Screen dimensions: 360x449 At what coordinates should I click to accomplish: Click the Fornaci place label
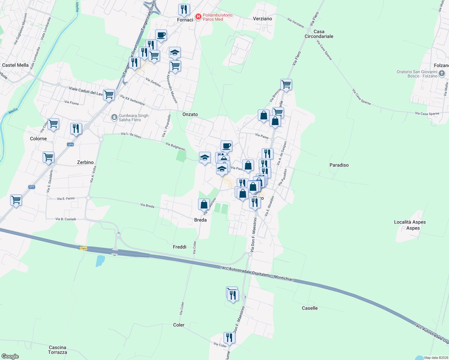point(185,20)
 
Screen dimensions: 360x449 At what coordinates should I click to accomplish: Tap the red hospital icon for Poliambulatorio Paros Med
point(198,17)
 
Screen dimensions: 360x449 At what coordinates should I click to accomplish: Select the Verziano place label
point(262,19)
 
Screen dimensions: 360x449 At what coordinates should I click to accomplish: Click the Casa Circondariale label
point(319,34)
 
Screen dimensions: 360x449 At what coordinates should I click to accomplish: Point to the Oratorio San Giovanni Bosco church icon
point(441,73)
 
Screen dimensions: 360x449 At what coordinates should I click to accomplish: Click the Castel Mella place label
point(15,65)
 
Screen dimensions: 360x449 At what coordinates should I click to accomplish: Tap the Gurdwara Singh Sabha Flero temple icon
point(114,117)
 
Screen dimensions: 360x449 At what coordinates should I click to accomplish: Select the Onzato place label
point(190,114)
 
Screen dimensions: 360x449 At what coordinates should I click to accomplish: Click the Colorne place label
point(38,139)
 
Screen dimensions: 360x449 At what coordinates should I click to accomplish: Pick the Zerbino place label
point(85,162)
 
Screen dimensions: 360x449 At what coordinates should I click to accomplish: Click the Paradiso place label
point(339,165)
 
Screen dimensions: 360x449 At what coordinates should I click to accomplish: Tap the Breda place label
point(200,220)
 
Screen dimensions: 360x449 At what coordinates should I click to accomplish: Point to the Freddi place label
point(179,247)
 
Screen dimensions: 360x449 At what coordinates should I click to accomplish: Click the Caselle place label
point(309,308)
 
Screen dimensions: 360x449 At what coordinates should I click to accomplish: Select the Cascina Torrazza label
point(57,350)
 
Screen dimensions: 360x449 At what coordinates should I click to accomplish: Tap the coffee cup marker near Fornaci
point(161,35)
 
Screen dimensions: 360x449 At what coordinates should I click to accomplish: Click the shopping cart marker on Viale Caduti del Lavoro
point(109,95)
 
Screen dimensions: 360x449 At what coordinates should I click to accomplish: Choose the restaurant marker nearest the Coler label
point(229,338)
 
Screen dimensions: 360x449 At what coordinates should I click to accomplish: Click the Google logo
point(10,356)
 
